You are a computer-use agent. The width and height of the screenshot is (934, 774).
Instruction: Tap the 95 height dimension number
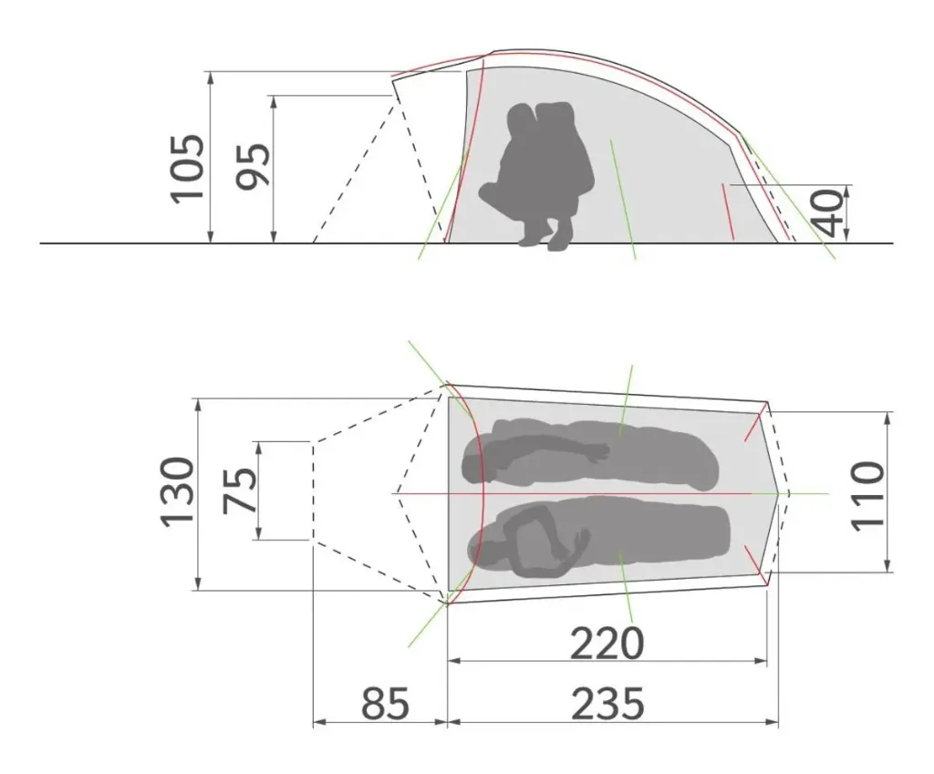(254, 167)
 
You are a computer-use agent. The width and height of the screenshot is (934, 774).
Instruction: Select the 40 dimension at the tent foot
(829, 213)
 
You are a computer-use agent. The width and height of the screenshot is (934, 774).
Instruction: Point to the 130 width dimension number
(178, 491)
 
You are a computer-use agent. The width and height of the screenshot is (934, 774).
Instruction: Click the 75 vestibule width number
(240, 490)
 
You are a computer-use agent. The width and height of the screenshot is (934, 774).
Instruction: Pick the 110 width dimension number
(867, 496)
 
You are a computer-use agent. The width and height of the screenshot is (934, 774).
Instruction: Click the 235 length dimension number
(607, 704)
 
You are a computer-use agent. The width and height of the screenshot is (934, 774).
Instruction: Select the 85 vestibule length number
(386, 704)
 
